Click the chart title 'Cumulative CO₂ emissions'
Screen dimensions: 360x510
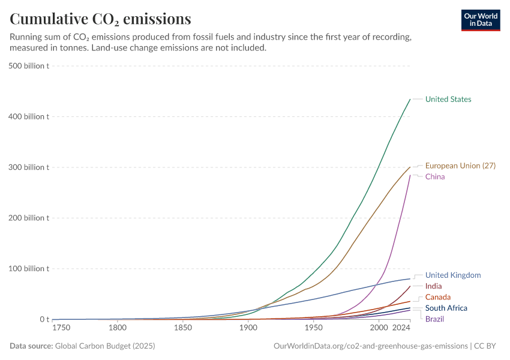100,19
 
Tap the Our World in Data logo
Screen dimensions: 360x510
480,20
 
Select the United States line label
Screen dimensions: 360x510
448,100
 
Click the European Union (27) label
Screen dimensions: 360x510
460,166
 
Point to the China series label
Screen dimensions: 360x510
435,177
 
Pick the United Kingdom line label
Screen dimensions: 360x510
453,275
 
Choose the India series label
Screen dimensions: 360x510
433,286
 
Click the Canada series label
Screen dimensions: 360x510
437,298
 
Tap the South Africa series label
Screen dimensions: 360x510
446,308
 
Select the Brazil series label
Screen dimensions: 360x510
434,319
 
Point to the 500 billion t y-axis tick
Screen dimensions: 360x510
29,66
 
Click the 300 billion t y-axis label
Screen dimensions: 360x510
29,167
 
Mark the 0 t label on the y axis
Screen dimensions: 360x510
44,320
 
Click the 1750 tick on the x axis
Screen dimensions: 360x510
61,328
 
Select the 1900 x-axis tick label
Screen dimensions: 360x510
248,328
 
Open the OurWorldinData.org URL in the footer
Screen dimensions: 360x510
370,346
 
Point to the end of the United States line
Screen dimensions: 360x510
410,100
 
